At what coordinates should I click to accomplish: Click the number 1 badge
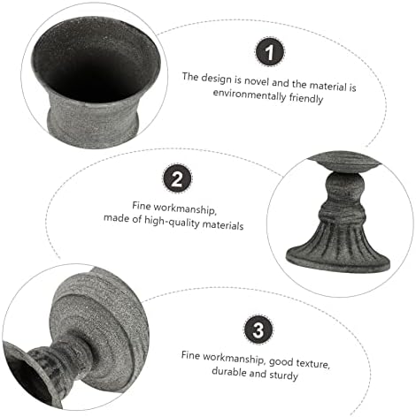269,52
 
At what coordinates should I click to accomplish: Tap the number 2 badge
177,178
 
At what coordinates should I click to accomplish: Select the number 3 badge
258,330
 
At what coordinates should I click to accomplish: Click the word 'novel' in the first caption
257,81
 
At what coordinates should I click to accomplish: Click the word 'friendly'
306,98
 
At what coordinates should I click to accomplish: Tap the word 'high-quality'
172,222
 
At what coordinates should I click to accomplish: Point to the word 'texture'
313,364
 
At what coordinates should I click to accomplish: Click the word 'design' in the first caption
216,79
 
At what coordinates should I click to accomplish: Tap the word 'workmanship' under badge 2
185,208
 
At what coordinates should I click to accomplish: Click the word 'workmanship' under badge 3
234,358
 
